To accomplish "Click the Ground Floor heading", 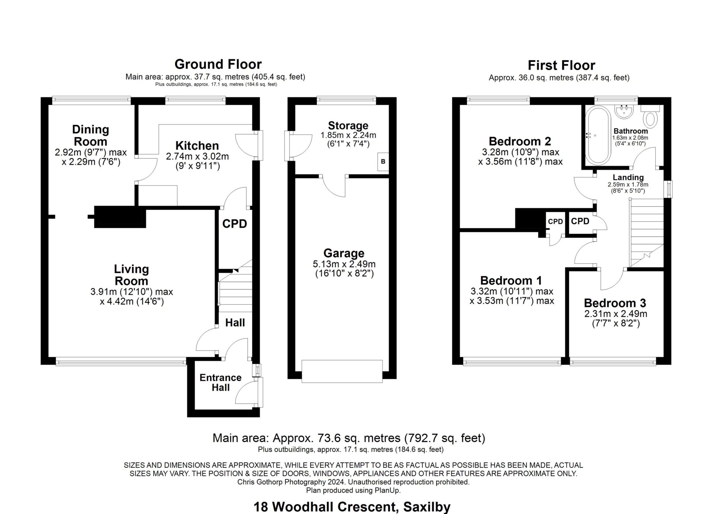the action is (218, 64).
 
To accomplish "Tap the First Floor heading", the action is (562, 65).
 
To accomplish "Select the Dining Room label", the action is (90, 135).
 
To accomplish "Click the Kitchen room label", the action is (197, 145).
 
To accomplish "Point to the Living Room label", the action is (131, 275).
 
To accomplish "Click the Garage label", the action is (344, 253).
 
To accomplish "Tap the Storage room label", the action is (348, 125).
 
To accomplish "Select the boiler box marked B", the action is (383, 162).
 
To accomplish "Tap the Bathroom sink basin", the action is (625, 111).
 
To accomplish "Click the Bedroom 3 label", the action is (615, 303).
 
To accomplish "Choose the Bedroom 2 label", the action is (520, 141).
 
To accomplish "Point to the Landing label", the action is (628, 177).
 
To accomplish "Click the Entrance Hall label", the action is (220, 383).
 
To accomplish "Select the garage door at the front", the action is (342, 371).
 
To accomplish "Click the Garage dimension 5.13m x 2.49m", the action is (344, 264).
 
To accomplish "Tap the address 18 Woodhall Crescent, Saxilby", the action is (352, 507).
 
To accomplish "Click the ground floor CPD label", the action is (234, 224).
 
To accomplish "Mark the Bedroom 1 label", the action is (511, 280).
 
